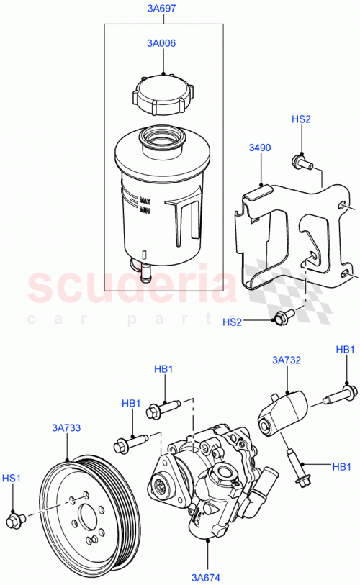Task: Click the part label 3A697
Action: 163,9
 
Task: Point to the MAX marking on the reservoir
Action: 144,201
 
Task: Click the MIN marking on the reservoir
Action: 144,210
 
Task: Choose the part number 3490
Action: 260,148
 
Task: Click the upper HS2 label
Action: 301,119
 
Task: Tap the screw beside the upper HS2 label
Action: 300,163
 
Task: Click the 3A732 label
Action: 286,360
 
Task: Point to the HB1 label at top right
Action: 346,350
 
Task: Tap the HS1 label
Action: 12,477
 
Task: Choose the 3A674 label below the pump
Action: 207,576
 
